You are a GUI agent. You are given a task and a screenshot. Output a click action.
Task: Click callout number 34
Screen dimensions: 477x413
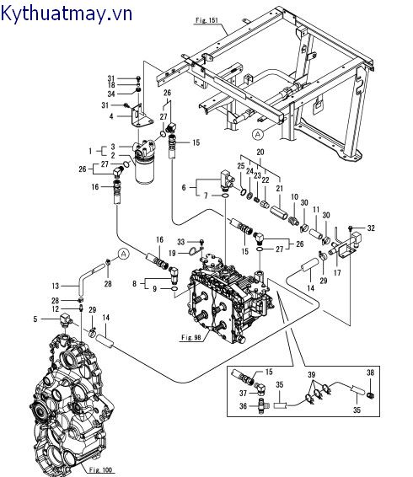click(111, 93)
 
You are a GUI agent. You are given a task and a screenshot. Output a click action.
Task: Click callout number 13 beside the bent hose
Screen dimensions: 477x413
click(56, 285)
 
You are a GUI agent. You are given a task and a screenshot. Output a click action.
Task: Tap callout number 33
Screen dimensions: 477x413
click(180, 242)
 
